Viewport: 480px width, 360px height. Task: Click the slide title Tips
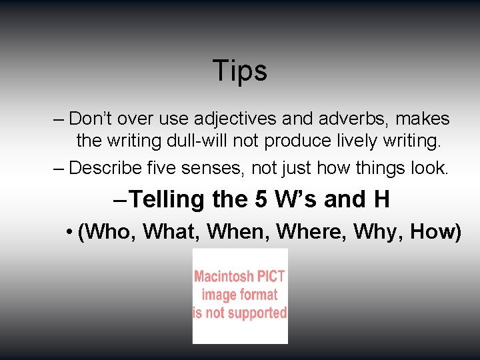point(240,71)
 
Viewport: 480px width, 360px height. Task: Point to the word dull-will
point(222,141)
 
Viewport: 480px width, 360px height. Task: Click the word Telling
point(167,199)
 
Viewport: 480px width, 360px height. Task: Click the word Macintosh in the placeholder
point(223,276)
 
